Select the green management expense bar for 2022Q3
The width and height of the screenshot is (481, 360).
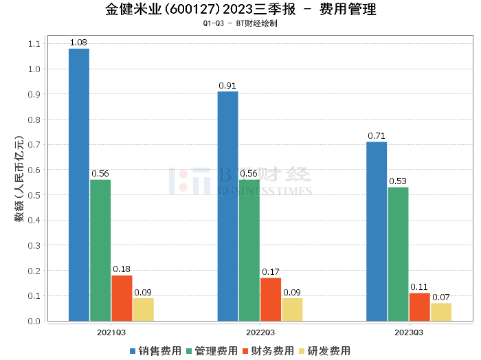[249, 250]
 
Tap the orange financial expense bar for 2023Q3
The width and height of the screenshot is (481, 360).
[419, 306]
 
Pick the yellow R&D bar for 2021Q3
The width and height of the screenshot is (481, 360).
[143, 309]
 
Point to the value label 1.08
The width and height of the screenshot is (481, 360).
[79, 43]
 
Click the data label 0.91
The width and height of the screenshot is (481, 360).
[227, 86]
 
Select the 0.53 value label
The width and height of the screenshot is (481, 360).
[398, 181]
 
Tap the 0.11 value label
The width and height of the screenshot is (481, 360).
[419, 287]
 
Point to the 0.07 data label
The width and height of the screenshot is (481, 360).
[440, 297]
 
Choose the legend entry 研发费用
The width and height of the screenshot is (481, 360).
[324, 351]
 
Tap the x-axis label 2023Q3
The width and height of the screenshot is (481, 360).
[409, 332]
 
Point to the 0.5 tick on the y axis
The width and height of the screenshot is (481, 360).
[34, 195]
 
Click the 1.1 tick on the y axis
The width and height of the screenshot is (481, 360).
[34, 44]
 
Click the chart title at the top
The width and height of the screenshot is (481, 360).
[240, 10]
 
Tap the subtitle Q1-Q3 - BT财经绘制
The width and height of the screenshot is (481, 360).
[240, 23]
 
